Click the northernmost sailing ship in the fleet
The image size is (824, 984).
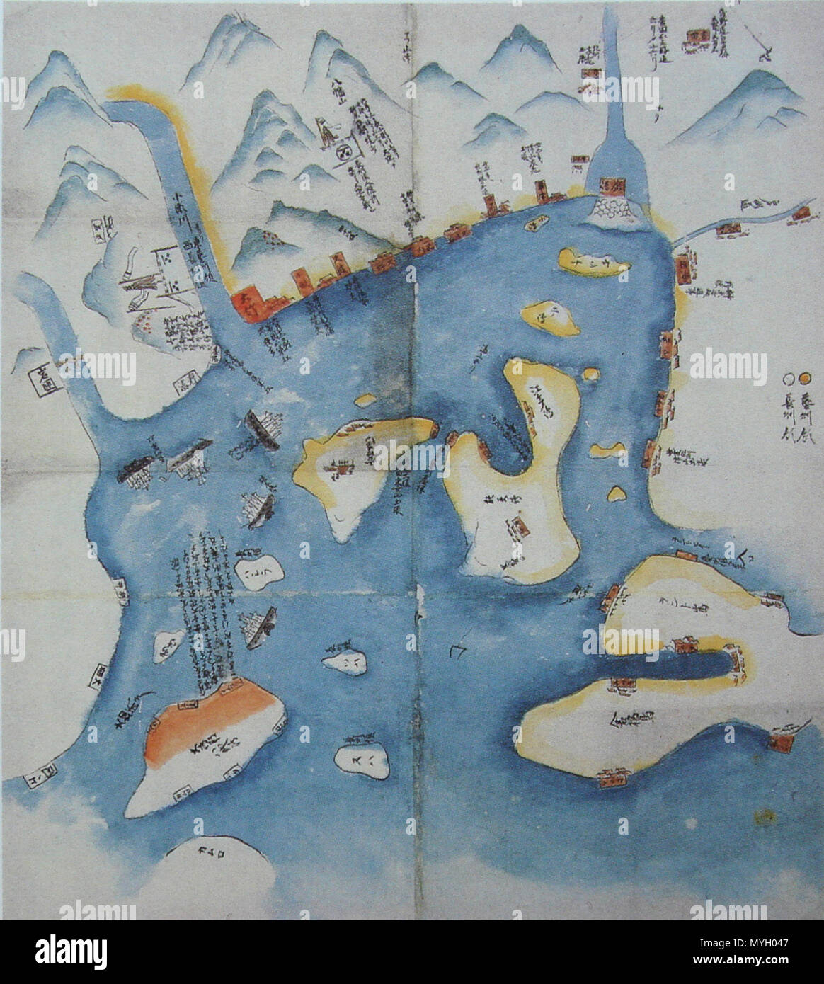[261, 428]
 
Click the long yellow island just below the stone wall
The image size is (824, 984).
[593, 262]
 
